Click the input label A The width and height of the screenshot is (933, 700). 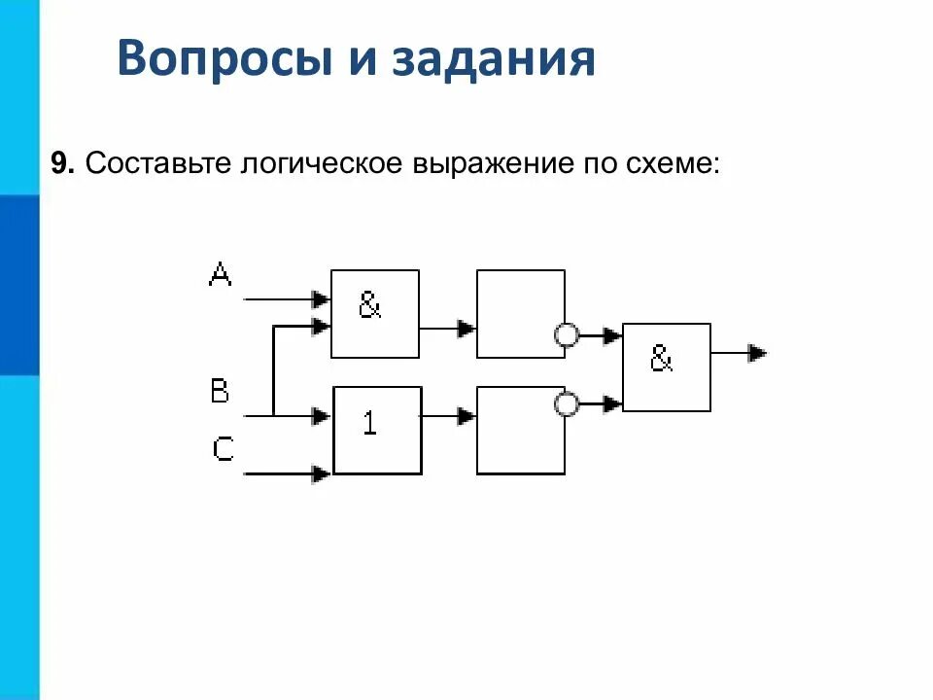pos(221,275)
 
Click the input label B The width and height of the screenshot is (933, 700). pos(221,392)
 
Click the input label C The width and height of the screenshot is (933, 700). pos(224,448)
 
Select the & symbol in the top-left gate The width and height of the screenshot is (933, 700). pos(370,307)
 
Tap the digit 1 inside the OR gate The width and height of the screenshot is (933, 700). pos(370,424)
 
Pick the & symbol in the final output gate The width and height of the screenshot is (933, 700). pos(661,361)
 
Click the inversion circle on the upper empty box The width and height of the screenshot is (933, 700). pos(566,336)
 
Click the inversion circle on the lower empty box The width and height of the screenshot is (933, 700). pos(566,403)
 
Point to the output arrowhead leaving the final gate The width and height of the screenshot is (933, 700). pos(757,354)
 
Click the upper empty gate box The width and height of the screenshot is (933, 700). pos(520,313)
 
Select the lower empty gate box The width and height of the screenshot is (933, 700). pos(520,430)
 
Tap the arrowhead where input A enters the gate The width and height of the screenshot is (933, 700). pos(321,299)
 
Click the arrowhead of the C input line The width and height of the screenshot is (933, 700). pos(321,474)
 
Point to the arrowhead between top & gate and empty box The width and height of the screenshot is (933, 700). pos(466,329)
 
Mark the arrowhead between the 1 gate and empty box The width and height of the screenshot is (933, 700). pos(466,416)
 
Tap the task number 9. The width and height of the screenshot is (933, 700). pos(62,163)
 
